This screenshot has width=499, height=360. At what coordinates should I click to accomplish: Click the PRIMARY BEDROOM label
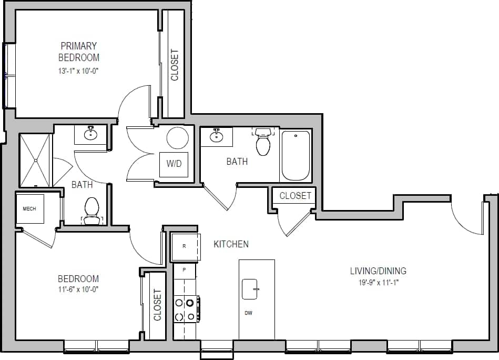(x=78, y=52)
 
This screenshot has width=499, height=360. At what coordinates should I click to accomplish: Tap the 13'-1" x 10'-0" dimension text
(x=78, y=70)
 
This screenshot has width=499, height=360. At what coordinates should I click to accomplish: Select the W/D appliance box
(x=174, y=164)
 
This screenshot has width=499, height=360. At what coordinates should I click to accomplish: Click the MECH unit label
(x=29, y=209)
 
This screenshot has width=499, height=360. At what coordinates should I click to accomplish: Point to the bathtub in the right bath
(x=296, y=156)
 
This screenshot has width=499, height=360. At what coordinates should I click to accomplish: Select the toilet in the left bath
(x=92, y=208)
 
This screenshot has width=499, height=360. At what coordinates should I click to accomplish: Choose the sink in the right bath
(x=216, y=137)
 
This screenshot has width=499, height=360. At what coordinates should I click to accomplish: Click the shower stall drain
(x=36, y=160)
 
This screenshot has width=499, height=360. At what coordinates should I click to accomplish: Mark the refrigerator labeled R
(x=184, y=246)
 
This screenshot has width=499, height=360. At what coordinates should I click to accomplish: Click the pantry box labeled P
(x=184, y=269)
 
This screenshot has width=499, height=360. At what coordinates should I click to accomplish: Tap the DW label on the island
(x=248, y=313)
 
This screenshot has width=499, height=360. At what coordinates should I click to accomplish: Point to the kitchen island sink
(x=250, y=289)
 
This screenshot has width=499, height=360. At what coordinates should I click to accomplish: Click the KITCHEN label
(x=231, y=244)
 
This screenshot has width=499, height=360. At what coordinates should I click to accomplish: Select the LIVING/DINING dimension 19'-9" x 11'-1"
(x=378, y=283)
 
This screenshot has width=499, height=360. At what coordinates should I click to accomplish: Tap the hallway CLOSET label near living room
(x=295, y=196)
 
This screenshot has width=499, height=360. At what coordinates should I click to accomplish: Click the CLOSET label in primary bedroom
(x=175, y=65)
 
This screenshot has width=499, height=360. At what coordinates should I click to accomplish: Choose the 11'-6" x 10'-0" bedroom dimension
(x=78, y=289)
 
